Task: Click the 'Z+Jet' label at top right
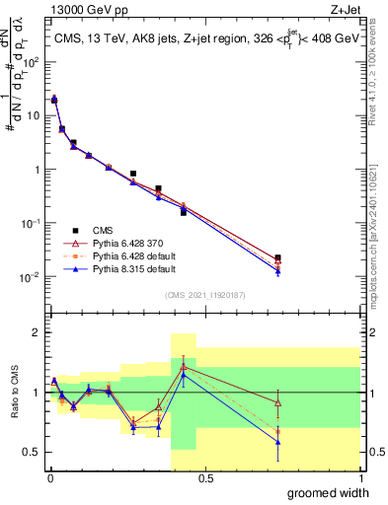pos(343,9)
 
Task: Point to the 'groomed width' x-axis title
pos(327,492)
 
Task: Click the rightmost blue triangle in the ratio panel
pos(277,442)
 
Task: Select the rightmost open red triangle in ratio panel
pos(277,402)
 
